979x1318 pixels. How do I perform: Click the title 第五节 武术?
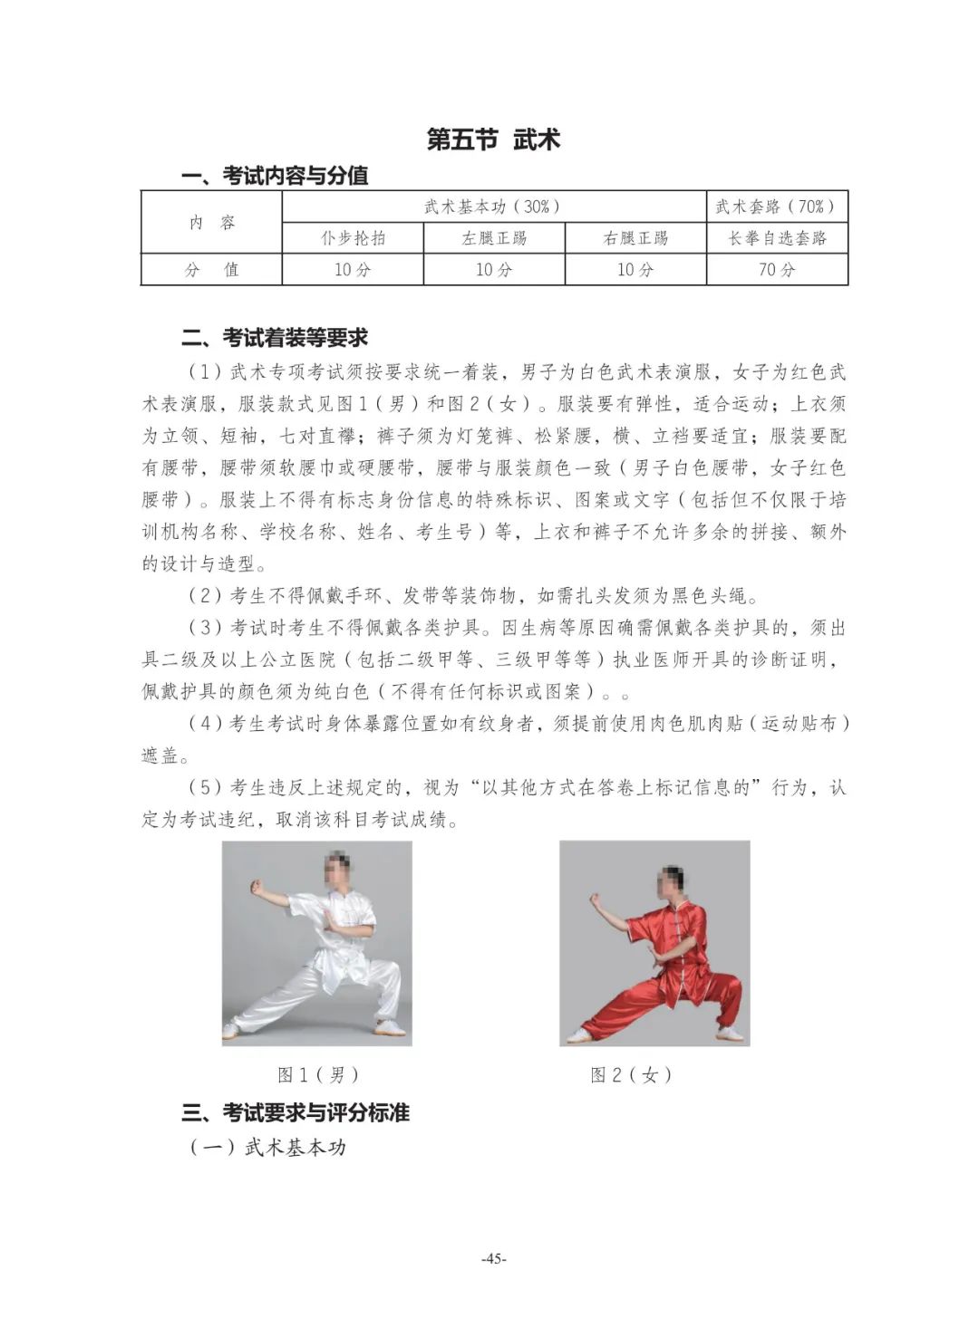[493, 139]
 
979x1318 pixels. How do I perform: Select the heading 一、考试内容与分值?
[275, 175]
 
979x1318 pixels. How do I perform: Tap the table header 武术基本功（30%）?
[493, 207]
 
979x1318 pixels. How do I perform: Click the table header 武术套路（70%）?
[776, 207]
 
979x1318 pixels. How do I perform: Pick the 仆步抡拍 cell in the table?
[353, 238]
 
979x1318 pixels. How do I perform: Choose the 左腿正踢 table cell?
[494, 238]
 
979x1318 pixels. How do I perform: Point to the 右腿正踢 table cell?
[635, 238]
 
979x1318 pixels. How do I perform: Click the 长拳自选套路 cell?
[777, 238]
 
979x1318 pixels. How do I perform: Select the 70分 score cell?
[777, 269]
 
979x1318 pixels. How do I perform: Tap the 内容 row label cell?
[211, 223]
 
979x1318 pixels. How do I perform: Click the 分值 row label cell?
[211, 269]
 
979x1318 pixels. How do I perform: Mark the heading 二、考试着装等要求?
[275, 338]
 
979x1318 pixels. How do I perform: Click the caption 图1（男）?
[318, 1075]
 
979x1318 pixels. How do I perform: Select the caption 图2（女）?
[632, 1075]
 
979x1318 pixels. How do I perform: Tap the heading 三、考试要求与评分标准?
[296, 1112]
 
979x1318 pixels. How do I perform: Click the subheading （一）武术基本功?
[268, 1147]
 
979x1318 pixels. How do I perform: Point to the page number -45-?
[494, 1258]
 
